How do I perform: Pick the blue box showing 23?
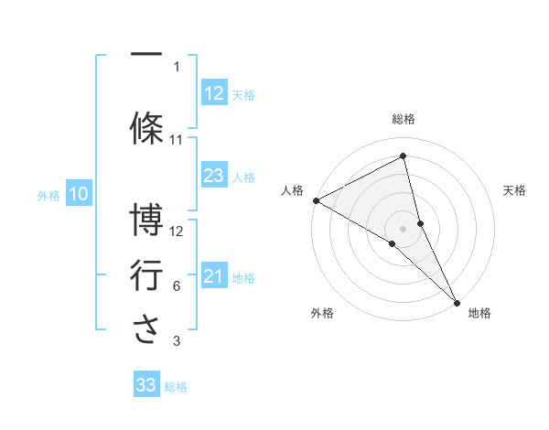point(213,176)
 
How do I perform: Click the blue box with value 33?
point(145,385)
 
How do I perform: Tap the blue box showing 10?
point(78,194)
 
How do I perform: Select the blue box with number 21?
point(213,276)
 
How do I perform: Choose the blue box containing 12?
point(213,93)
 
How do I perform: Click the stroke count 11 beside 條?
point(177,140)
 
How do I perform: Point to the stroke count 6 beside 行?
point(177,286)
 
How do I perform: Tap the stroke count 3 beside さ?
point(177,342)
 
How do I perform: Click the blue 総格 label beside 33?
point(176,387)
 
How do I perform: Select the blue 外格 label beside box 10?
point(48,195)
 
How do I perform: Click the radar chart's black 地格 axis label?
point(479,314)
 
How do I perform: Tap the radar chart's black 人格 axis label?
point(293,190)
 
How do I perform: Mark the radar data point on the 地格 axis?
point(456,301)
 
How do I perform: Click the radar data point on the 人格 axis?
point(316,200)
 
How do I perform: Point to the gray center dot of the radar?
point(404,228)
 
